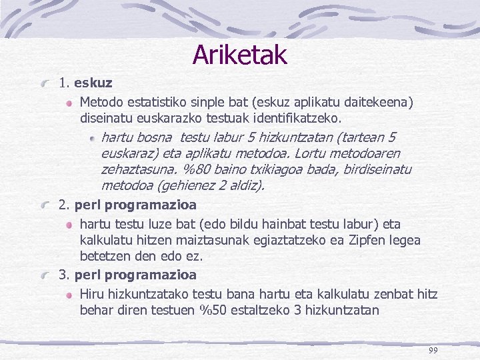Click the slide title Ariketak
point(239,55)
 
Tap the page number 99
point(433,351)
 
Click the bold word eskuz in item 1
point(93,83)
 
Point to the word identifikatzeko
point(303,118)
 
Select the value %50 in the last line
point(213,310)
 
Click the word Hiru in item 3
point(93,294)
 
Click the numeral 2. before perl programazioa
point(65,204)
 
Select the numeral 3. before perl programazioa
point(65,275)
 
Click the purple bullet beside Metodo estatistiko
point(70,103)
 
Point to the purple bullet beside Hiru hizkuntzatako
point(70,295)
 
